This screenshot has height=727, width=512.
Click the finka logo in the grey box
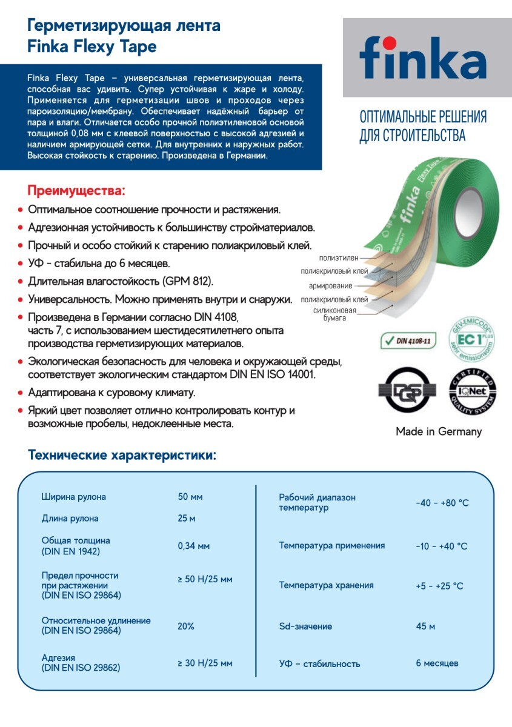coord(422,58)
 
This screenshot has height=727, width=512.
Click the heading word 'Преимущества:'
coord(76,191)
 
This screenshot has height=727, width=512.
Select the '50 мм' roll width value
coord(190,497)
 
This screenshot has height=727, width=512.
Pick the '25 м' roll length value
coord(187,519)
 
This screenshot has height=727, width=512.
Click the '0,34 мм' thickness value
coord(194,546)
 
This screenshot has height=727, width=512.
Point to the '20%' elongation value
coord(186,626)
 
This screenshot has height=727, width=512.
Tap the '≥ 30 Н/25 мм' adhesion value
coord(205,663)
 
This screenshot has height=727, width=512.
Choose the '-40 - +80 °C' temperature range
coord(442,503)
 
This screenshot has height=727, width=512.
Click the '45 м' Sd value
coord(425,626)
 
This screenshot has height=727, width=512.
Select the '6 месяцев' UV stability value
coord(437,663)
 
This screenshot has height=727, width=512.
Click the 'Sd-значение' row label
coord(305,626)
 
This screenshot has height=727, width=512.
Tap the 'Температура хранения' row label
coord(326,585)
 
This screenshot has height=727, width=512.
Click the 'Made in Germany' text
coord(439,431)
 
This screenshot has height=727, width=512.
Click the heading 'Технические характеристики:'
coord(122,455)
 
